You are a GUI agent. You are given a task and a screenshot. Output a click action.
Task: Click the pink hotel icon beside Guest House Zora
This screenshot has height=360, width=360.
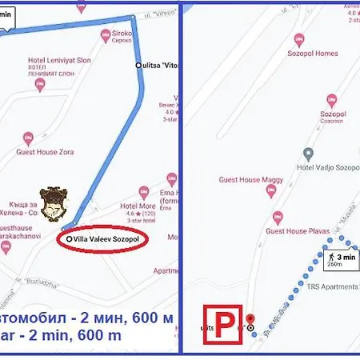[29, 138]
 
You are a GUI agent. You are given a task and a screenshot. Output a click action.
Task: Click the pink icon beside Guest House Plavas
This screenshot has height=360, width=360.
[278, 216]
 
